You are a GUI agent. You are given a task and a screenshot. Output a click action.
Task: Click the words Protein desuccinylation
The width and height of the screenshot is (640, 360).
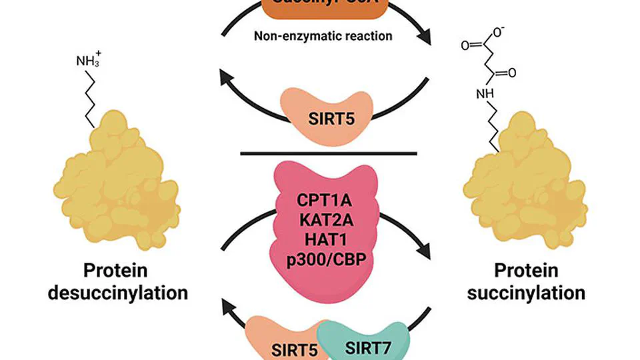coord(117,282)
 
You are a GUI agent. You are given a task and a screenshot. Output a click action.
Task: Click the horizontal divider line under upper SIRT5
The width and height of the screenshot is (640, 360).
coord(328,153)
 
